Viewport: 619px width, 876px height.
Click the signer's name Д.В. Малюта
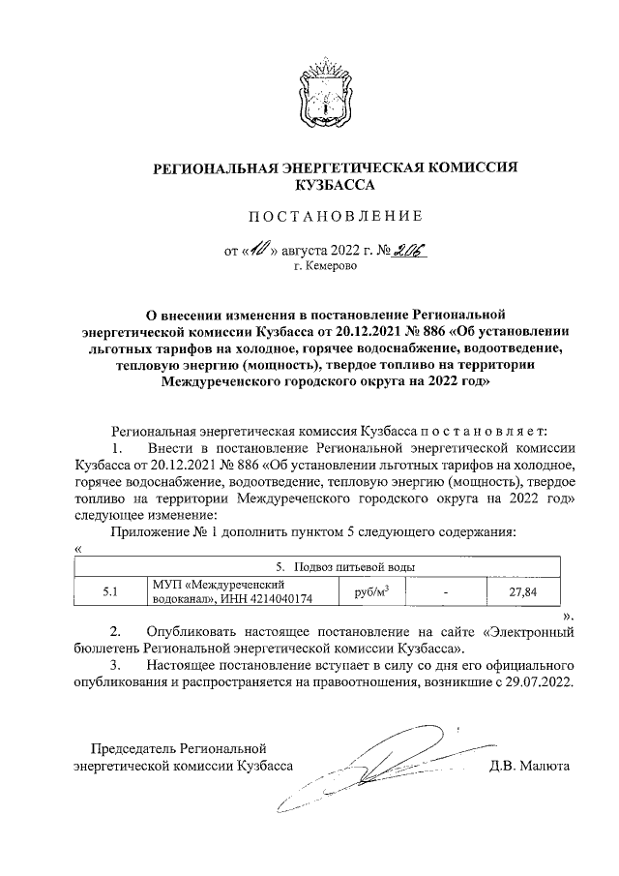[530, 765]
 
